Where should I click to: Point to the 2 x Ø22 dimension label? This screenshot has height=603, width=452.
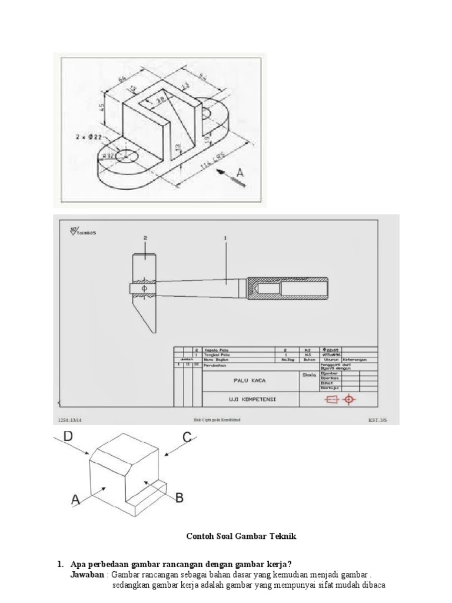pos(89,137)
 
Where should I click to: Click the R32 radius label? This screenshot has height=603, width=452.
pos(108,155)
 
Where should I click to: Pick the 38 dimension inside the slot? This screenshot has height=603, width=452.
pos(159,101)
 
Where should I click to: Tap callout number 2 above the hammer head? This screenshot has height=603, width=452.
pos(144,238)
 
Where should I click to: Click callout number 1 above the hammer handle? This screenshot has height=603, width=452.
pos(225,238)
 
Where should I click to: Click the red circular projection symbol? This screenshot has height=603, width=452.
pos(350,399)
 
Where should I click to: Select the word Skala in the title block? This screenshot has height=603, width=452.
pos(309,374)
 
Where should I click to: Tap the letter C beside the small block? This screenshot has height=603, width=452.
pos(187,437)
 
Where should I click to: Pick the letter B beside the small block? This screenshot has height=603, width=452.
pos(179,498)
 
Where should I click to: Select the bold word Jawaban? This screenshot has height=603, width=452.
pos(88,574)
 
